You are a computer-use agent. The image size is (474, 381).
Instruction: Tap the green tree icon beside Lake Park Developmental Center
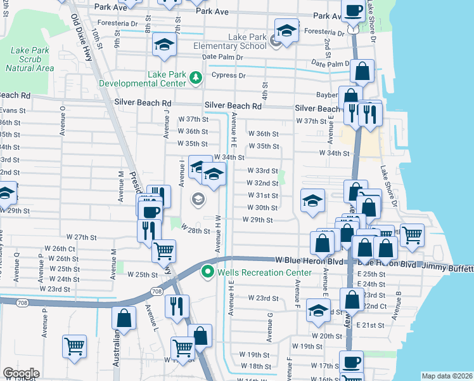click(196, 79)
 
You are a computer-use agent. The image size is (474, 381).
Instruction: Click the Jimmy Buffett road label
click(445, 269)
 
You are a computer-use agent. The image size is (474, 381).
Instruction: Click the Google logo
click(21, 373)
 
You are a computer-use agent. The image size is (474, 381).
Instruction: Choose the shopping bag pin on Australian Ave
click(124, 317)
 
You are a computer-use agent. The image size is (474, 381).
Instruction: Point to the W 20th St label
click(326, 336)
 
